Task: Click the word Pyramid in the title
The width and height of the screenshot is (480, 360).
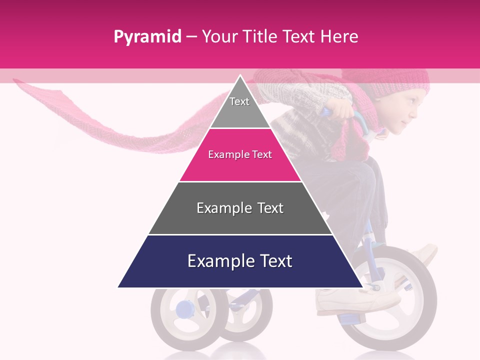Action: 147,37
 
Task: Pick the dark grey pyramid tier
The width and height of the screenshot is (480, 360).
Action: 240,208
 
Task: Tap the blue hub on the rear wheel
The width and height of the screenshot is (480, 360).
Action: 183,308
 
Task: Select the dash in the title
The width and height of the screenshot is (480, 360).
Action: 191,37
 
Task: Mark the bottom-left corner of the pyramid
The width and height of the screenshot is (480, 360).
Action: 118,287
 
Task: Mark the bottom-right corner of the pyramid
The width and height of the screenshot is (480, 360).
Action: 362,287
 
